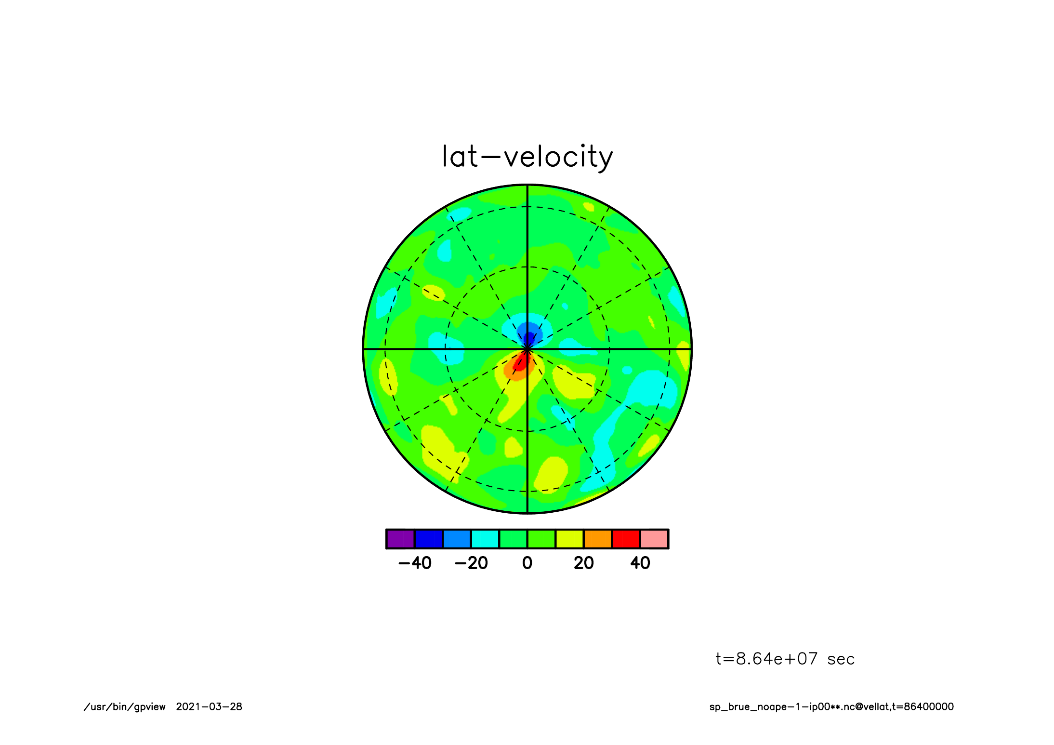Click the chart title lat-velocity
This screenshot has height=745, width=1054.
(527, 157)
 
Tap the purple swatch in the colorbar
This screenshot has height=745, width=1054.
(400, 539)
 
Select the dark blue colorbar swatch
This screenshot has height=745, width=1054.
(428, 539)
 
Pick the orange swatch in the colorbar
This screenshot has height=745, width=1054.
(598, 539)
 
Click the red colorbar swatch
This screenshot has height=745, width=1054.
(626, 539)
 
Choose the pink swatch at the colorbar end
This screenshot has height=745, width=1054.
(654, 539)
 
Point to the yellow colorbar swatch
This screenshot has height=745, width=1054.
(569, 539)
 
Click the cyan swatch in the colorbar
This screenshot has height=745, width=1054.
(485, 539)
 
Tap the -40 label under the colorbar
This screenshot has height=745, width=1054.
(415, 563)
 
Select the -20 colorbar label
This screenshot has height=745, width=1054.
(471, 563)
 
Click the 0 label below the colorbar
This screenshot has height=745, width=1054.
(527, 563)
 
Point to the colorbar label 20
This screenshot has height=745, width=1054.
(583, 563)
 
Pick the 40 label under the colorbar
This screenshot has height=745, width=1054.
(640, 563)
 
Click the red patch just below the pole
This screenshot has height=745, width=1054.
(521, 362)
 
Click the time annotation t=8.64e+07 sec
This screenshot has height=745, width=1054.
(785, 659)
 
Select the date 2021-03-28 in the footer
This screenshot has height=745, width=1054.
(209, 706)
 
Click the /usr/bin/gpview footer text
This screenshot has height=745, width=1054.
(125, 707)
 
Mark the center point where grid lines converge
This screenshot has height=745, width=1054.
(527, 348)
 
